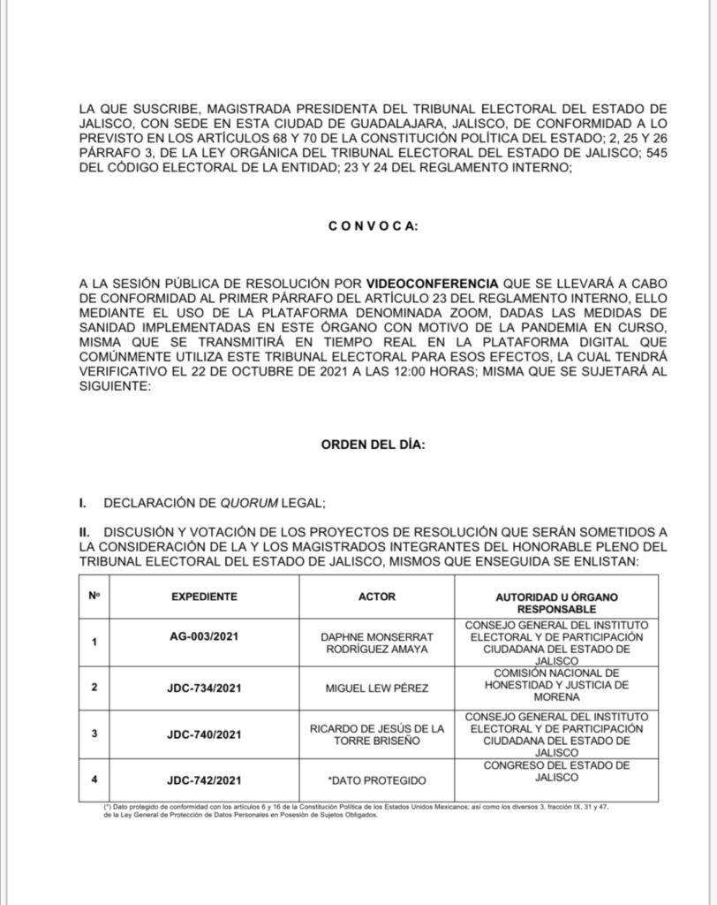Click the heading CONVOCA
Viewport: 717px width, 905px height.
click(374, 225)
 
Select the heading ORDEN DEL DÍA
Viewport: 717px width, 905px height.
click(374, 445)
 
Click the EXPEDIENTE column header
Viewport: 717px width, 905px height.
click(204, 597)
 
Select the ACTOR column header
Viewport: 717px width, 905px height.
click(376, 597)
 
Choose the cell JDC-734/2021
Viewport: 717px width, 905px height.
click(204, 686)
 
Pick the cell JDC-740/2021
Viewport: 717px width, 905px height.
click(204, 734)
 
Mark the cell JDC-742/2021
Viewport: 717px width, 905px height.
click(204, 780)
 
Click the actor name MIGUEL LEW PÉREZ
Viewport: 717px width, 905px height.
click(376, 687)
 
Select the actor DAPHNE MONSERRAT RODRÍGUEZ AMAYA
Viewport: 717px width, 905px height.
click(376, 642)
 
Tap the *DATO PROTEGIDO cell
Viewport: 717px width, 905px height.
click(376, 780)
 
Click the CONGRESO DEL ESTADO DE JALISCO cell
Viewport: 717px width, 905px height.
click(555, 771)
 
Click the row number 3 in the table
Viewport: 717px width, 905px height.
click(94, 734)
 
